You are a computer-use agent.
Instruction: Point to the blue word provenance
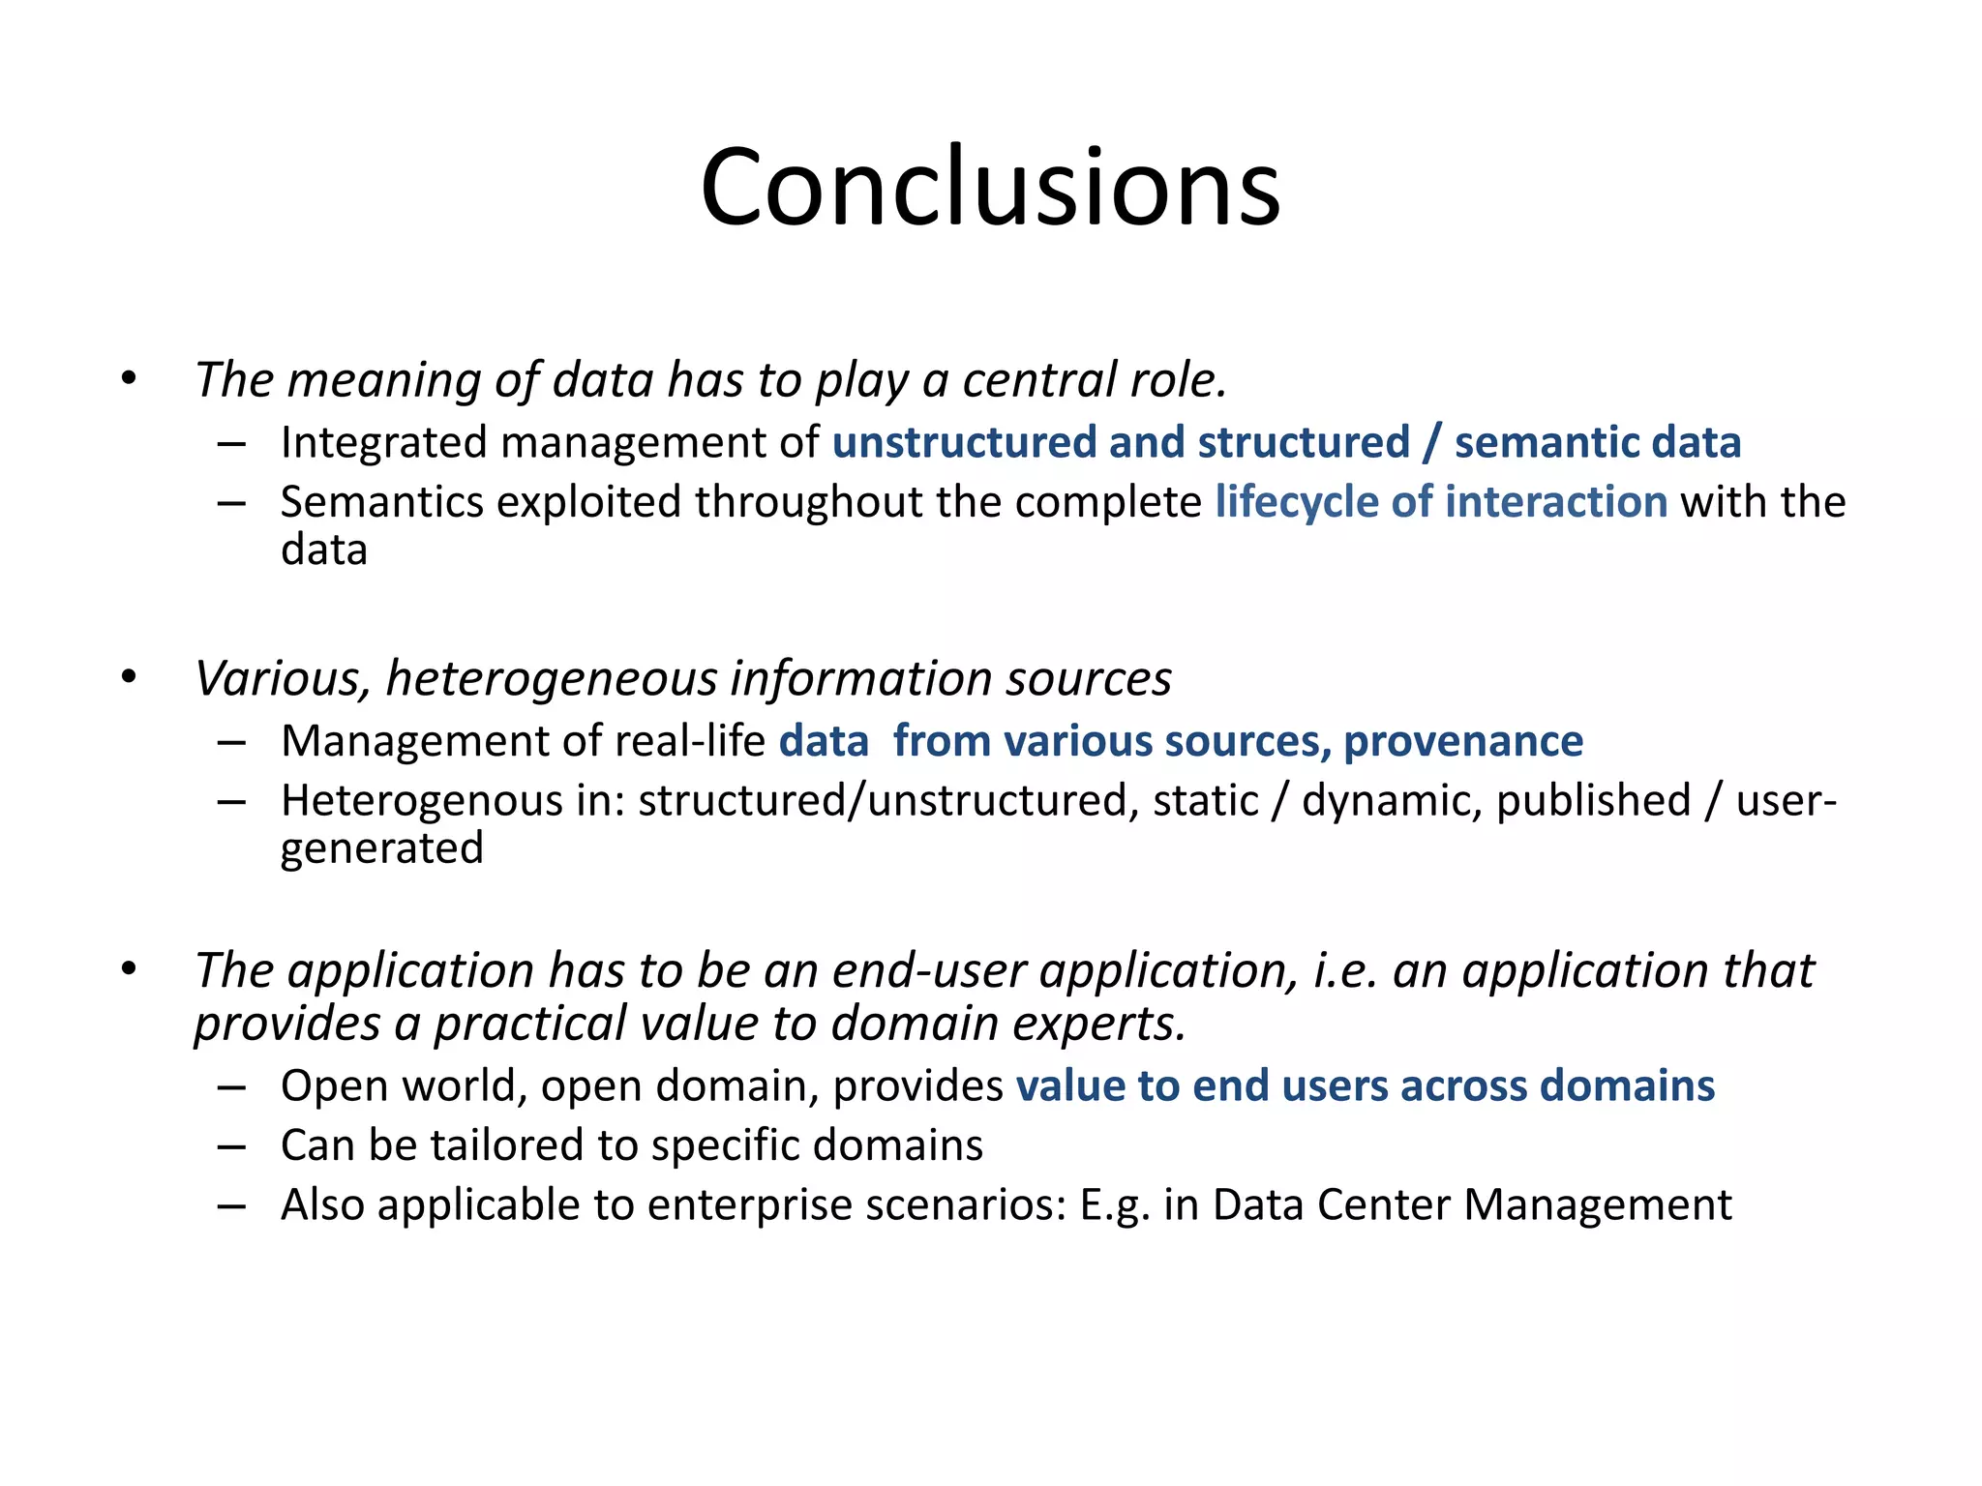[x=1462, y=742]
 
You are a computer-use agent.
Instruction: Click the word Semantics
[x=381, y=503]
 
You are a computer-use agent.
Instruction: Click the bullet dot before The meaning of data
[x=130, y=378]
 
